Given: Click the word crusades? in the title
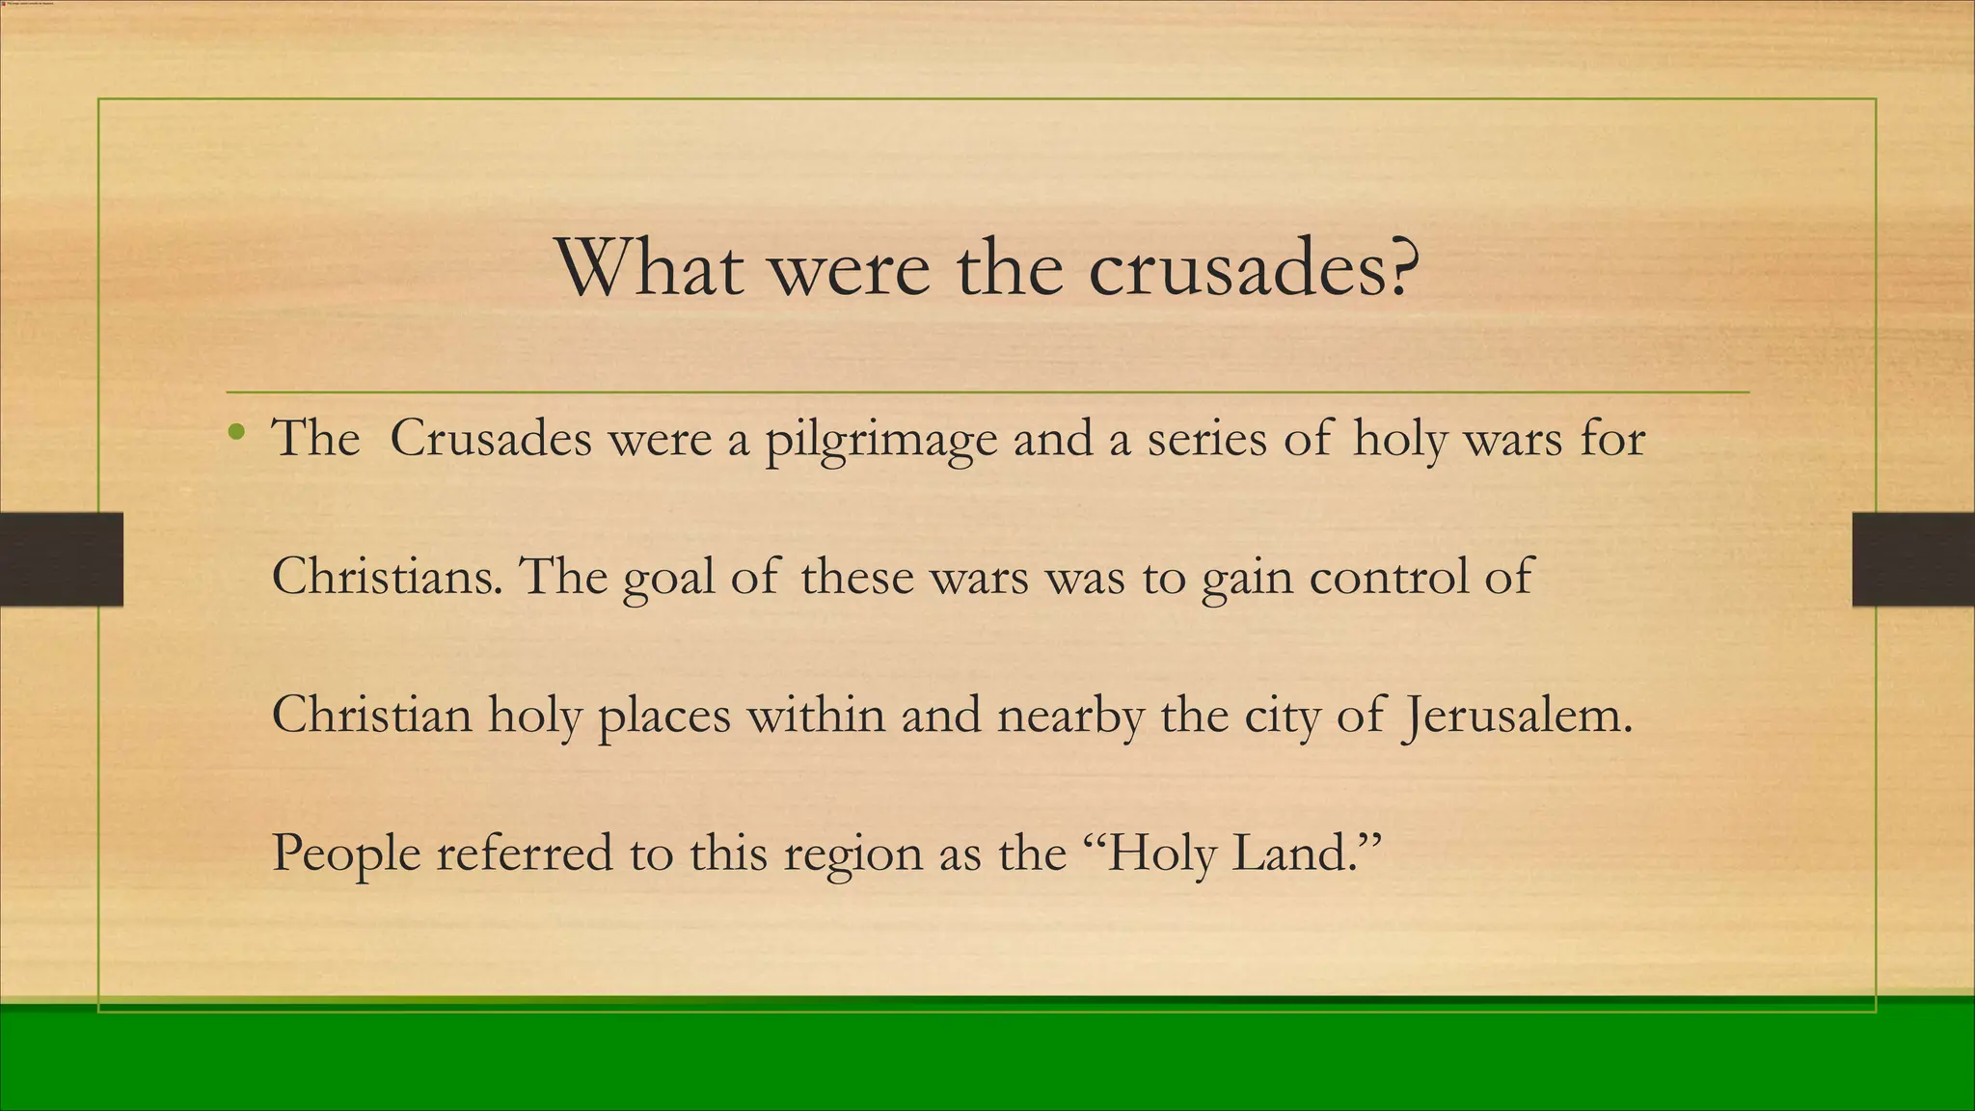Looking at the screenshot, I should tap(1255, 267).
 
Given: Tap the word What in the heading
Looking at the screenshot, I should tap(649, 267).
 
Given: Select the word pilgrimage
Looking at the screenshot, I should tap(881, 441).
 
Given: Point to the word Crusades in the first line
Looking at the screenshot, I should tap(490, 439).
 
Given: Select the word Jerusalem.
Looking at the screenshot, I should tap(1517, 716).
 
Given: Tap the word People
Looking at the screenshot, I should tap(346, 854).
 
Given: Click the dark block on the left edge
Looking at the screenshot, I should tap(61, 559).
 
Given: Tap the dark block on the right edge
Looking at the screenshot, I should tap(1913, 559).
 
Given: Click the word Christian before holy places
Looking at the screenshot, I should tap(372, 716).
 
